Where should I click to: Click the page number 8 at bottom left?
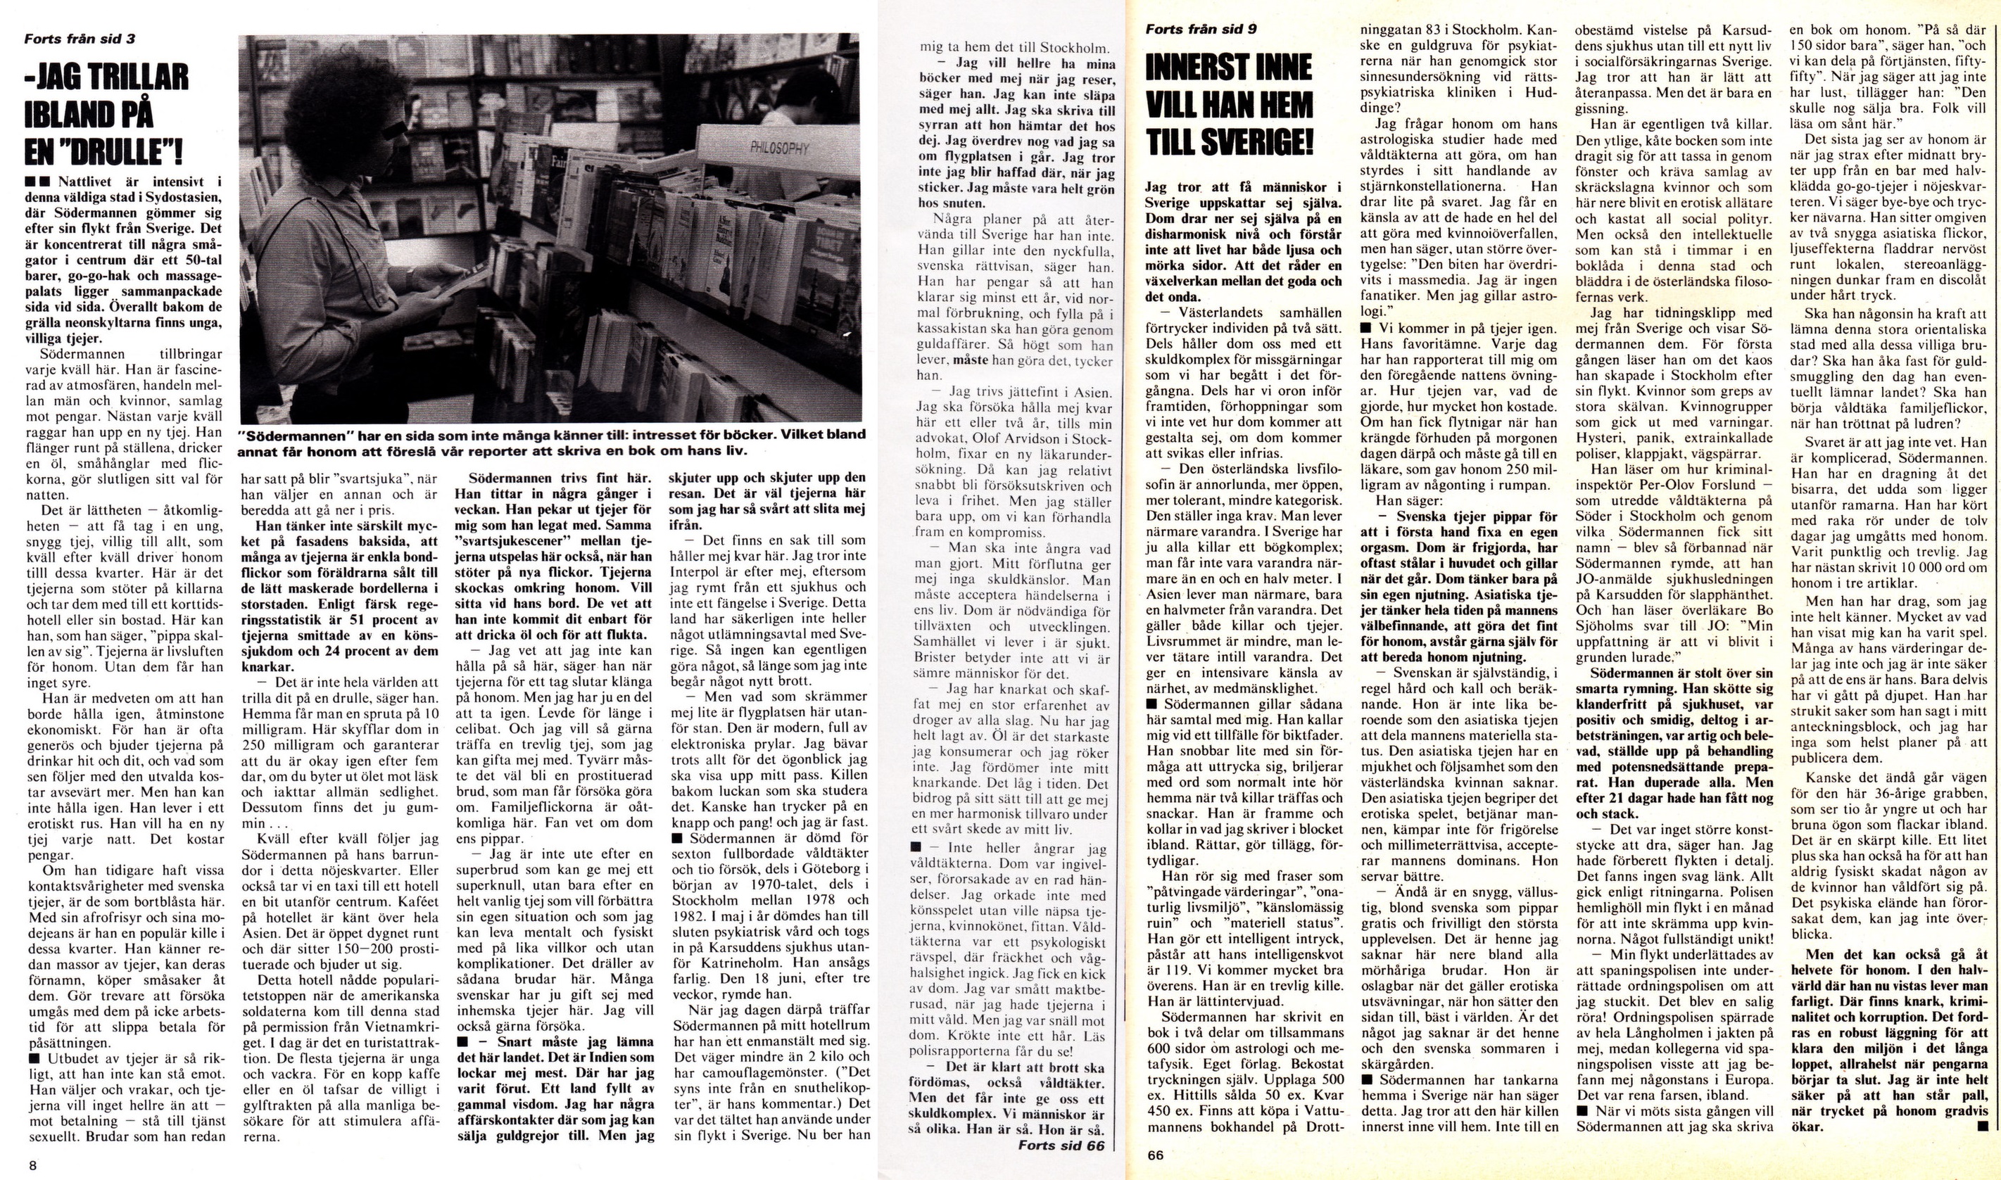click(33, 1166)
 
